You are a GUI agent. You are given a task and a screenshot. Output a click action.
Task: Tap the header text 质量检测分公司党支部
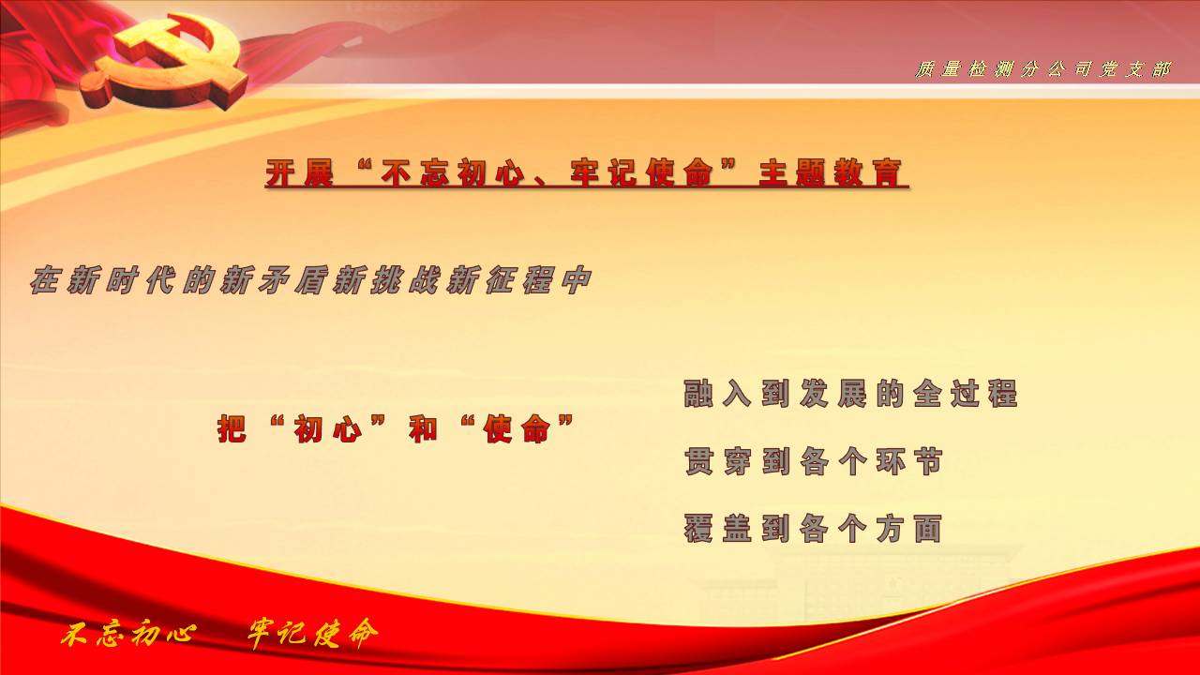(1042, 69)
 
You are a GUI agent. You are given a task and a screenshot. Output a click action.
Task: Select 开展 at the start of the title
(299, 172)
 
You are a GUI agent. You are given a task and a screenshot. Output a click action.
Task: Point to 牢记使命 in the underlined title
(642, 172)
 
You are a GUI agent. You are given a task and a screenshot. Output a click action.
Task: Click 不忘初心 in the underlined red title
(453, 172)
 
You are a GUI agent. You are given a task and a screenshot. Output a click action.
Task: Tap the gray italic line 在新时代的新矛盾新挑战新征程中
(310, 279)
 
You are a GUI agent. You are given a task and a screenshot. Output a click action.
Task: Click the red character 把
(232, 428)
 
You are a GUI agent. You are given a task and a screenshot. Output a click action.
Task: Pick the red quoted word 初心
(328, 428)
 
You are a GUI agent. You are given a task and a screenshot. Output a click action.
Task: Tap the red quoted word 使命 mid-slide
(517, 428)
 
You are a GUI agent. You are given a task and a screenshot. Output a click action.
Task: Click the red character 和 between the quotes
(423, 428)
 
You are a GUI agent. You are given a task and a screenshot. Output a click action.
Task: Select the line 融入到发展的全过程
(850, 393)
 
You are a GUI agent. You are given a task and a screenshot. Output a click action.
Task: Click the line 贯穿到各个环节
(813, 460)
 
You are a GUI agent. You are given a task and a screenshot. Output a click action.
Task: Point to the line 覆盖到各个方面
(813, 528)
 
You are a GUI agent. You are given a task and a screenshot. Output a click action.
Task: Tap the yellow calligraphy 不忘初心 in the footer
(128, 635)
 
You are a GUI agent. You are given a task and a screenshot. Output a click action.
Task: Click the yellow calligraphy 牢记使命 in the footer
(312, 633)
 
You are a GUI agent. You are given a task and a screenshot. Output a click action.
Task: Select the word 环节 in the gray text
(909, 460)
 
